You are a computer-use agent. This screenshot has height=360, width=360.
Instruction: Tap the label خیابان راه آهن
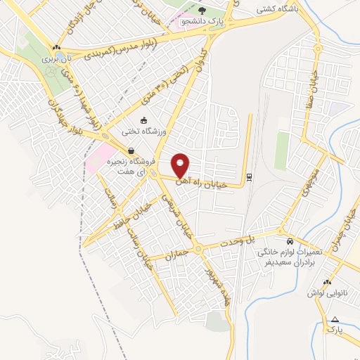tap(209, 181)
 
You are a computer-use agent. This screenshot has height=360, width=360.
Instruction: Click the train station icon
tap(249, 176)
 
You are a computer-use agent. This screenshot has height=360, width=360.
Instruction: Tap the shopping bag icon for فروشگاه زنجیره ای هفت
tap(131, 150)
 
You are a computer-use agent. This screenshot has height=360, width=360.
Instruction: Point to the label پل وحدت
tap(260, 240)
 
